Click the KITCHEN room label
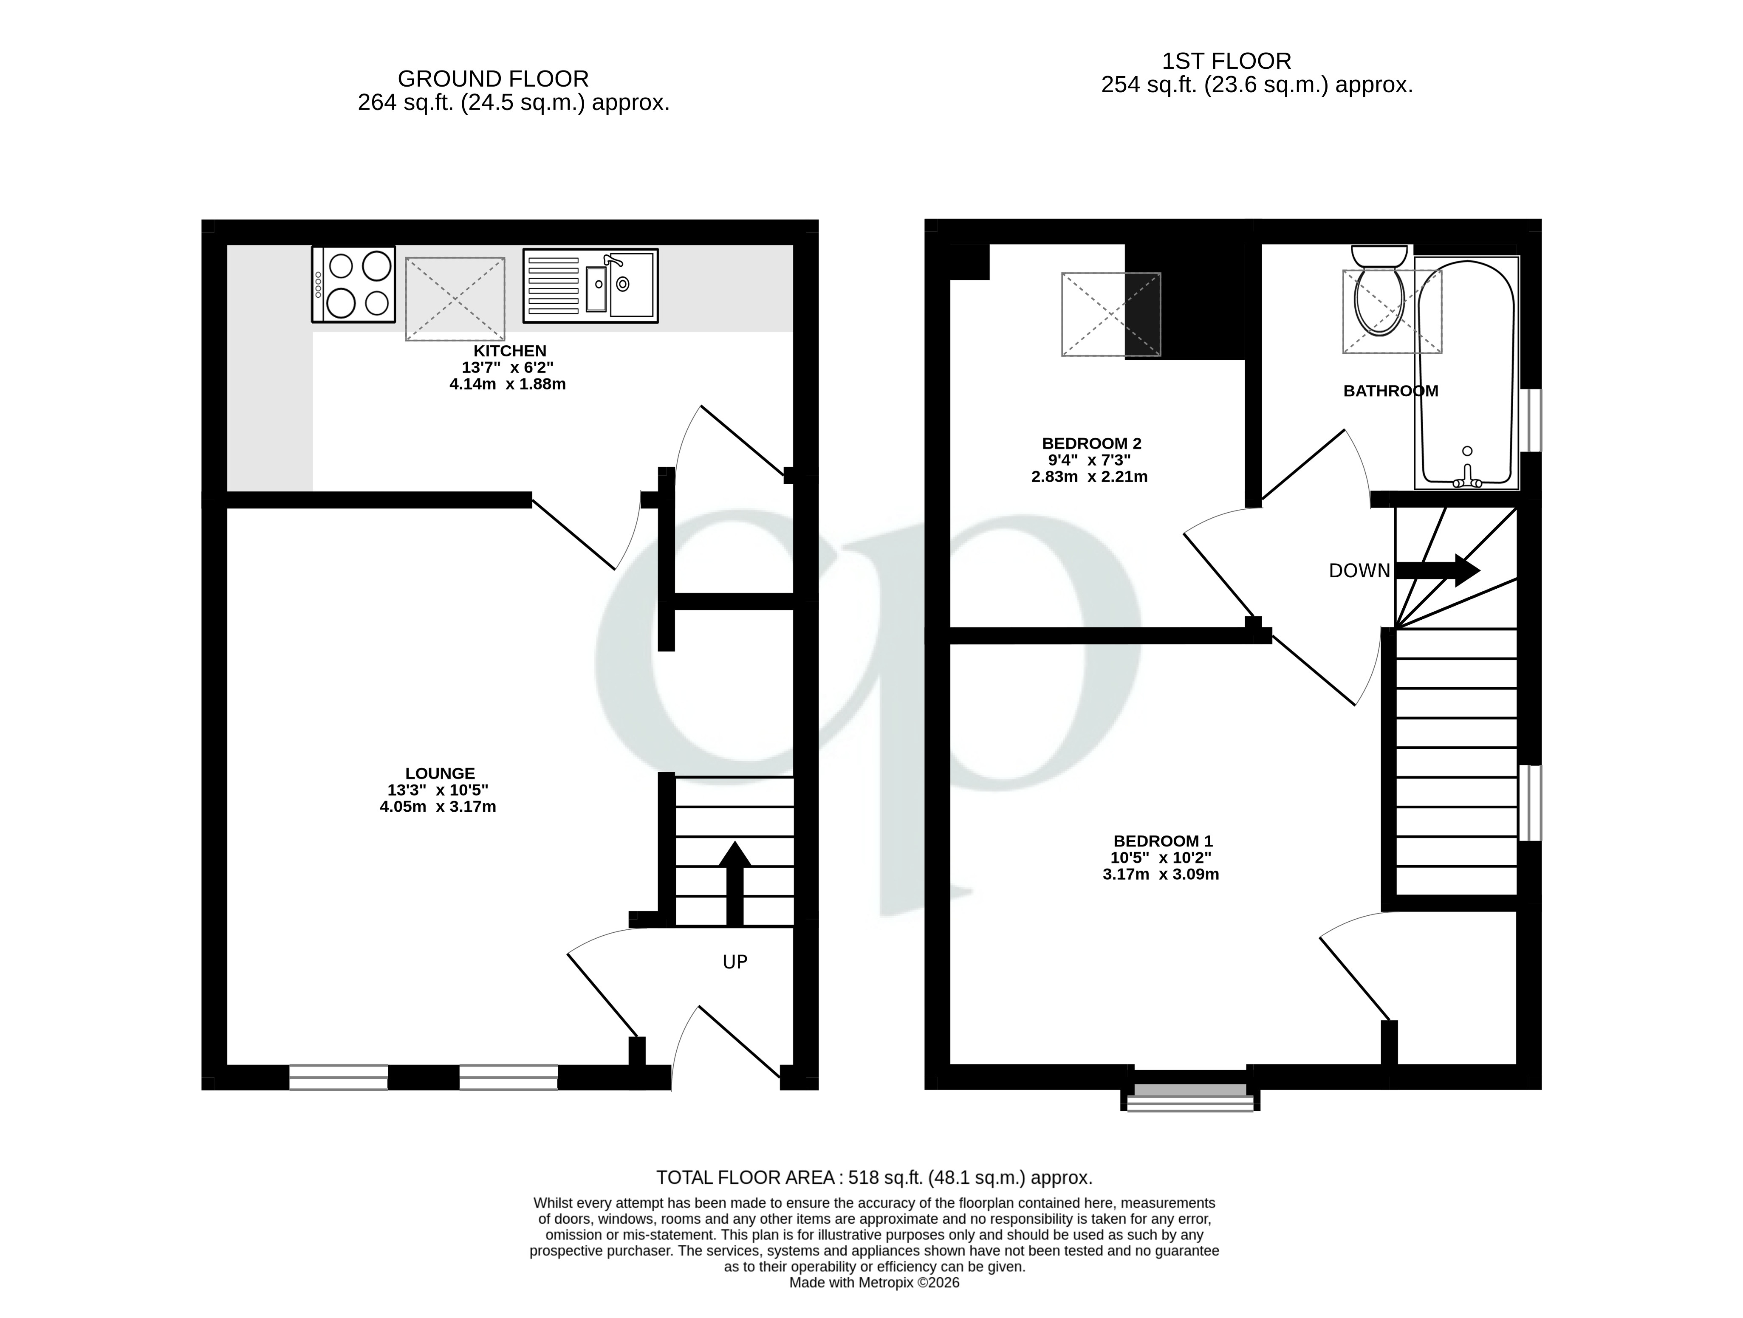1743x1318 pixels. pyautogui.click(x=509, y=350)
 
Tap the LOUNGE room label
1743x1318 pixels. pyautogui.click(x=440, y=773)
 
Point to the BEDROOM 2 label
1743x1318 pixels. pyautogui.click(x=1091, y=443)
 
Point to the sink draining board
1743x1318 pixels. pyautogui.click(x=553, y=285)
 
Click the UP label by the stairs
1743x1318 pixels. pyautogui.click(x=734, y=961)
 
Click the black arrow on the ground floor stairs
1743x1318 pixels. pyautogui.click(x=734, y=882)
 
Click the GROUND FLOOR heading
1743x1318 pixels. pyautogui.click(x=493, y=79)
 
